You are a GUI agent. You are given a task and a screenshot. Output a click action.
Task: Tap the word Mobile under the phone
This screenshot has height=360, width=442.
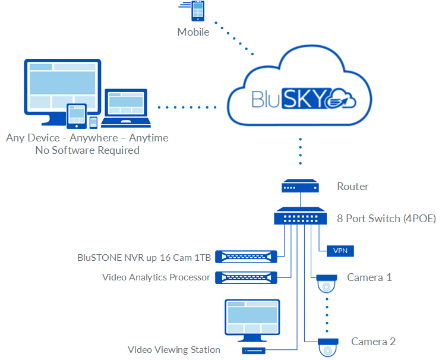click(193, 32)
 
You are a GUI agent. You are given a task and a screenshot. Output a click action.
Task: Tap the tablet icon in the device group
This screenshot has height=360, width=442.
click(77, 116)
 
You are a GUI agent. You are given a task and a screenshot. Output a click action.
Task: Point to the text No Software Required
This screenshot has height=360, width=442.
click(87, 150)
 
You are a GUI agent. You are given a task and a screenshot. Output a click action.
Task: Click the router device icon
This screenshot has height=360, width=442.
click(300, 187)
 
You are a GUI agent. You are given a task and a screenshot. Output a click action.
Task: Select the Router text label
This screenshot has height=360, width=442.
click(352, 187)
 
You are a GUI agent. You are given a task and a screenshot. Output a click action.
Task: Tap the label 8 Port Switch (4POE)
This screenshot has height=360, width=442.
click(386, 218)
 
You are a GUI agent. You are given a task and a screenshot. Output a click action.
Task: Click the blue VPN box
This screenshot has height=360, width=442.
click(341, 251)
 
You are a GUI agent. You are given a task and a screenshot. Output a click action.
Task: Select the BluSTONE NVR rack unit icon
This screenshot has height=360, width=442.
click(247, 257)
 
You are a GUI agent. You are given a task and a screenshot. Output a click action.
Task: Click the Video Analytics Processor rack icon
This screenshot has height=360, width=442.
click(247, 277)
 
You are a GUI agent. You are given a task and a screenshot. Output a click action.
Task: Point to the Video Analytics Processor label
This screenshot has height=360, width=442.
click(156, 277)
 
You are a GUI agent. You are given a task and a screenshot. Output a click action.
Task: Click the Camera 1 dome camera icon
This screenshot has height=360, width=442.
click(327, 283)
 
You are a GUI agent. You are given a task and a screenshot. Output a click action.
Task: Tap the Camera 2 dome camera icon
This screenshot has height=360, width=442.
click(327, 346)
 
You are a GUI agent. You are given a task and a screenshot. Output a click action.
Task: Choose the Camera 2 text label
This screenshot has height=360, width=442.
click(373, 342)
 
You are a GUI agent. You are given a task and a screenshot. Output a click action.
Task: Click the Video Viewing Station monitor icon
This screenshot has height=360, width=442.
click(251, 321)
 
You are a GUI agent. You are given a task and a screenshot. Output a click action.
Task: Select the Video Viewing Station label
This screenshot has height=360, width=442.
click(174, 350)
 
